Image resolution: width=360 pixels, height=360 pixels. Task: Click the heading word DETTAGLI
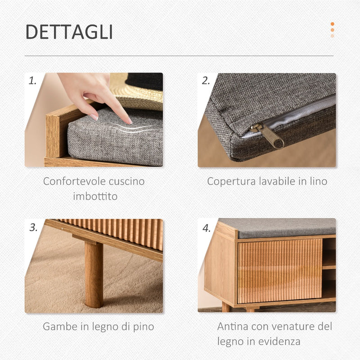pos(69,32)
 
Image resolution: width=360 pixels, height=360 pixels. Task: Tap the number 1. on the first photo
pos(33,81)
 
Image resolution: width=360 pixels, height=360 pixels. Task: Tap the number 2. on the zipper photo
pos(206,81)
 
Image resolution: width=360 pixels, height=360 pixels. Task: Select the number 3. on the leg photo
pos(33,227)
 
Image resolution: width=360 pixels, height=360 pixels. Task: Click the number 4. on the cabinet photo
pos(206,228)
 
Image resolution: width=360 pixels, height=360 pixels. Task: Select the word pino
pos(143,327)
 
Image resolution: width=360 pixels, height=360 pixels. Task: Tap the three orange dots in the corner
pos(332,30)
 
